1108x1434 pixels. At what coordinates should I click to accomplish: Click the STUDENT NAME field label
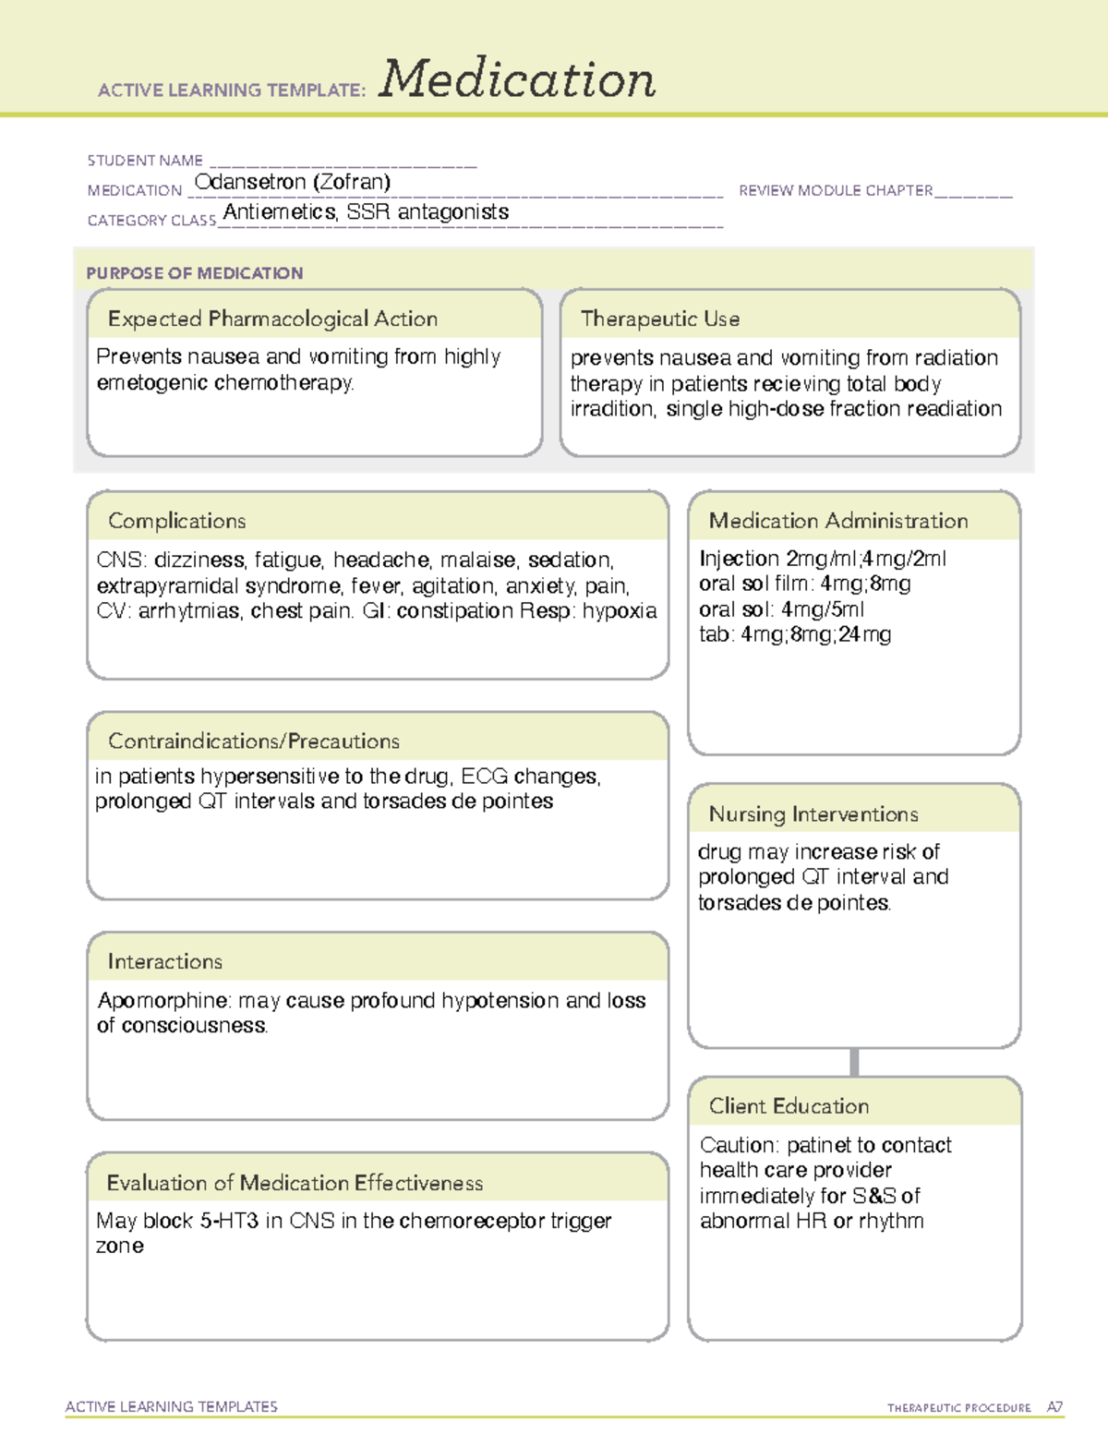coord(145,161)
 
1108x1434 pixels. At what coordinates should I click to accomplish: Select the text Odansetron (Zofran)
coord(293,182)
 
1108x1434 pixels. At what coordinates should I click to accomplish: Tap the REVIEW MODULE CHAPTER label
coord(836,190)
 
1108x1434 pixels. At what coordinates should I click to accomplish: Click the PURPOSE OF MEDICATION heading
coord(195,273)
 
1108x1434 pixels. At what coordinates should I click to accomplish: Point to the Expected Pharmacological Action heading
coord(272,319)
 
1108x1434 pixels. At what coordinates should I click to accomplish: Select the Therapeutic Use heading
coord(660,319)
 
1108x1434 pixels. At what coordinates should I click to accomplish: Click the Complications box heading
coord(177,522)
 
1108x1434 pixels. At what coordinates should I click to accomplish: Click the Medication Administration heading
coord(838,522)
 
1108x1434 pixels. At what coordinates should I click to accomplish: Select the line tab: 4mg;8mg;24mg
coord(795,634)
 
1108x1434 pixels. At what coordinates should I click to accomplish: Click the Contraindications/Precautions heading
coord(254,741)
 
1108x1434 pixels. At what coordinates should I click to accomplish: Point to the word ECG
coord(484,777)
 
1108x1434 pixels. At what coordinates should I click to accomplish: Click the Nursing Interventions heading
coord(813,814)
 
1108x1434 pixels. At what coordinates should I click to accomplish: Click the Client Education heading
coord(789,1106)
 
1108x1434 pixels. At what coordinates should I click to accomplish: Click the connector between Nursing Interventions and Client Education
coord(854,1063)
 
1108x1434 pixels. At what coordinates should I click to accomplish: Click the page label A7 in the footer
coord(1054,1407)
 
